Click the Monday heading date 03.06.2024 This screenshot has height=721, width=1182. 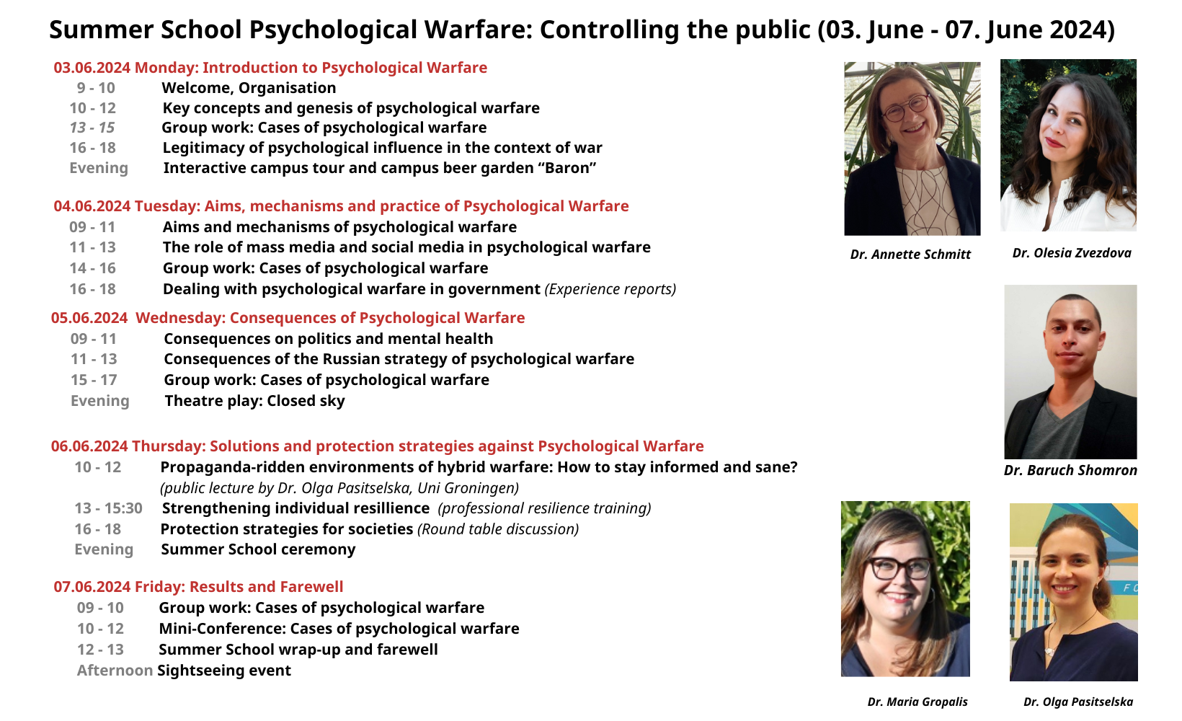point(92,68)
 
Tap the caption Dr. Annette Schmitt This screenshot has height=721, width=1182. point(910,255)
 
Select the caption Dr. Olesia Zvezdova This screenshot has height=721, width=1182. point(1072,253)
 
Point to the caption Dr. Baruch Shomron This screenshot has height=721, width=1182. point(1070,470)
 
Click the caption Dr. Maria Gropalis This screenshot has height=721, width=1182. point(917,702)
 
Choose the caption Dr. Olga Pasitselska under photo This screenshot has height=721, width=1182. point(1078,702)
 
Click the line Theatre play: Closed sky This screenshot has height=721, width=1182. point(255,401)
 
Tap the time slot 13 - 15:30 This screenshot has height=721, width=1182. point(108,508)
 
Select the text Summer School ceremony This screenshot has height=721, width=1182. point(258,549)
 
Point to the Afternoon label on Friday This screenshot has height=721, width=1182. point(115,671)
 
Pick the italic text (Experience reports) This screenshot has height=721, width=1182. point(610,289)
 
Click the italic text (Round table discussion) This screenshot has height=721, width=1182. point(498,529)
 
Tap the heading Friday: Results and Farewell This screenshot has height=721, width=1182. point(239,587)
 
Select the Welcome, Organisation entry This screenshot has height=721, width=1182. point(249,88)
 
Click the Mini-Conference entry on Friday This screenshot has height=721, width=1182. point(339,629)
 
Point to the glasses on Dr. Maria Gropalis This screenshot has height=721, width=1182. point(899,568)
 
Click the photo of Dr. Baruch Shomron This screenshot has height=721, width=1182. point(1070,372)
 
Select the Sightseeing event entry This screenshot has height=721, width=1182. point(223,671)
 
